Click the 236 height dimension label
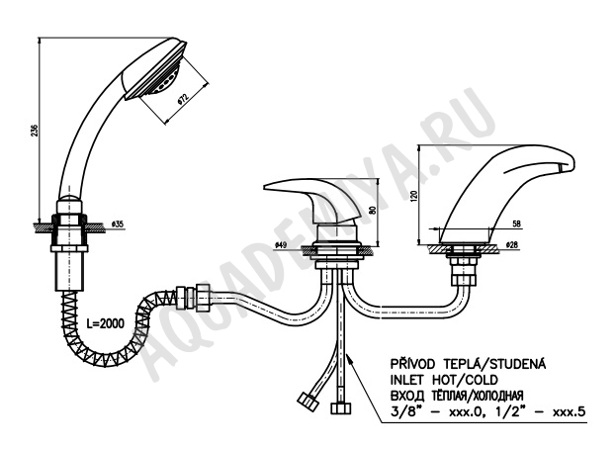pos(34,131)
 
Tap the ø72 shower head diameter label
pos(183,99)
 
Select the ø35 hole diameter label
pos(118,224)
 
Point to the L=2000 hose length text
pos(105,323)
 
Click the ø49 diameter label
pos(281,245)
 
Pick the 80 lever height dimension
pos(373,211)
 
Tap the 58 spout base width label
pos(516,224)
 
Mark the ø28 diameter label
pos(512,245)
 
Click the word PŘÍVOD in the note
pos(412,364)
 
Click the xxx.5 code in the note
pos(570,411)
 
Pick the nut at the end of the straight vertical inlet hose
pos(340,408)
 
